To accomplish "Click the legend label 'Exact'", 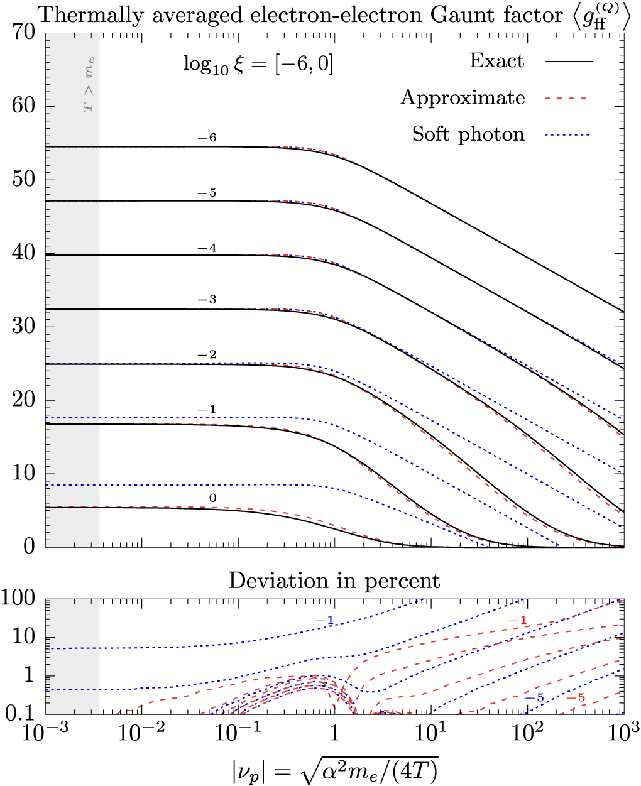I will [x=496, y=61].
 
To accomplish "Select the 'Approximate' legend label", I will [x=463, y=97].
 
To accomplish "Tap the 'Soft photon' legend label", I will [x=468, y=134].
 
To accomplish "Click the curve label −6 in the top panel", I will [x=206, y=138].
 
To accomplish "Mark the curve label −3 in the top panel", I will [x=206, y=300].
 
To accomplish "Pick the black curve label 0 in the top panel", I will [x=212, y=499].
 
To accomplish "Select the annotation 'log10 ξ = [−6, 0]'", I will [x=258, y=63].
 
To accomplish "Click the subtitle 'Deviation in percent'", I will [x=334, y=580].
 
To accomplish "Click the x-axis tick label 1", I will [x=334, y=734].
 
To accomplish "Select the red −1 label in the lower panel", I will [x=517, y=621].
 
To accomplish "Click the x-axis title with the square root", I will [x=334, y=768].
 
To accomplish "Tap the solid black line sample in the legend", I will [x=569, y=62].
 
